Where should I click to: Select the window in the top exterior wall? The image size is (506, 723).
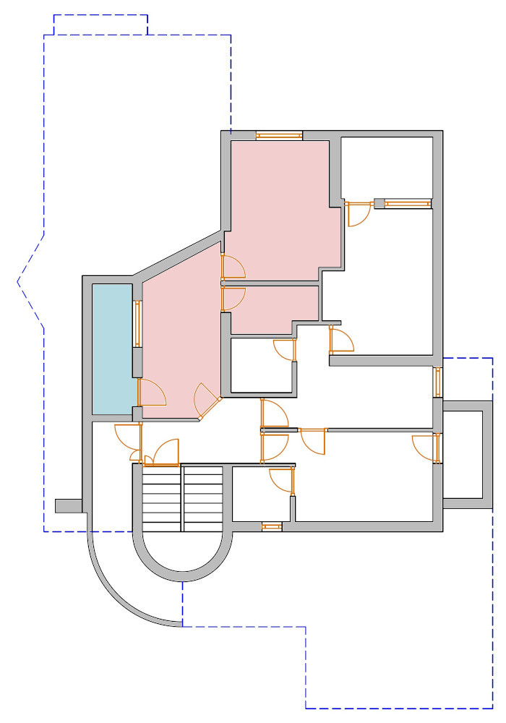coord(279,135)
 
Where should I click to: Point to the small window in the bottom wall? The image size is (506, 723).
coord(271,527)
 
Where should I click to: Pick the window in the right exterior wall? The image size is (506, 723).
coord(437,382)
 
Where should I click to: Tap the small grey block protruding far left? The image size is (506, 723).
coord(69,505)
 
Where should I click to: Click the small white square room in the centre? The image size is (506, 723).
coord(261,365)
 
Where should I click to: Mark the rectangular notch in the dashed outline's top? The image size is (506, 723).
coord(101,24)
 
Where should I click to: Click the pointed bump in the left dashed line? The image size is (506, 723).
coord(20,282)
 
